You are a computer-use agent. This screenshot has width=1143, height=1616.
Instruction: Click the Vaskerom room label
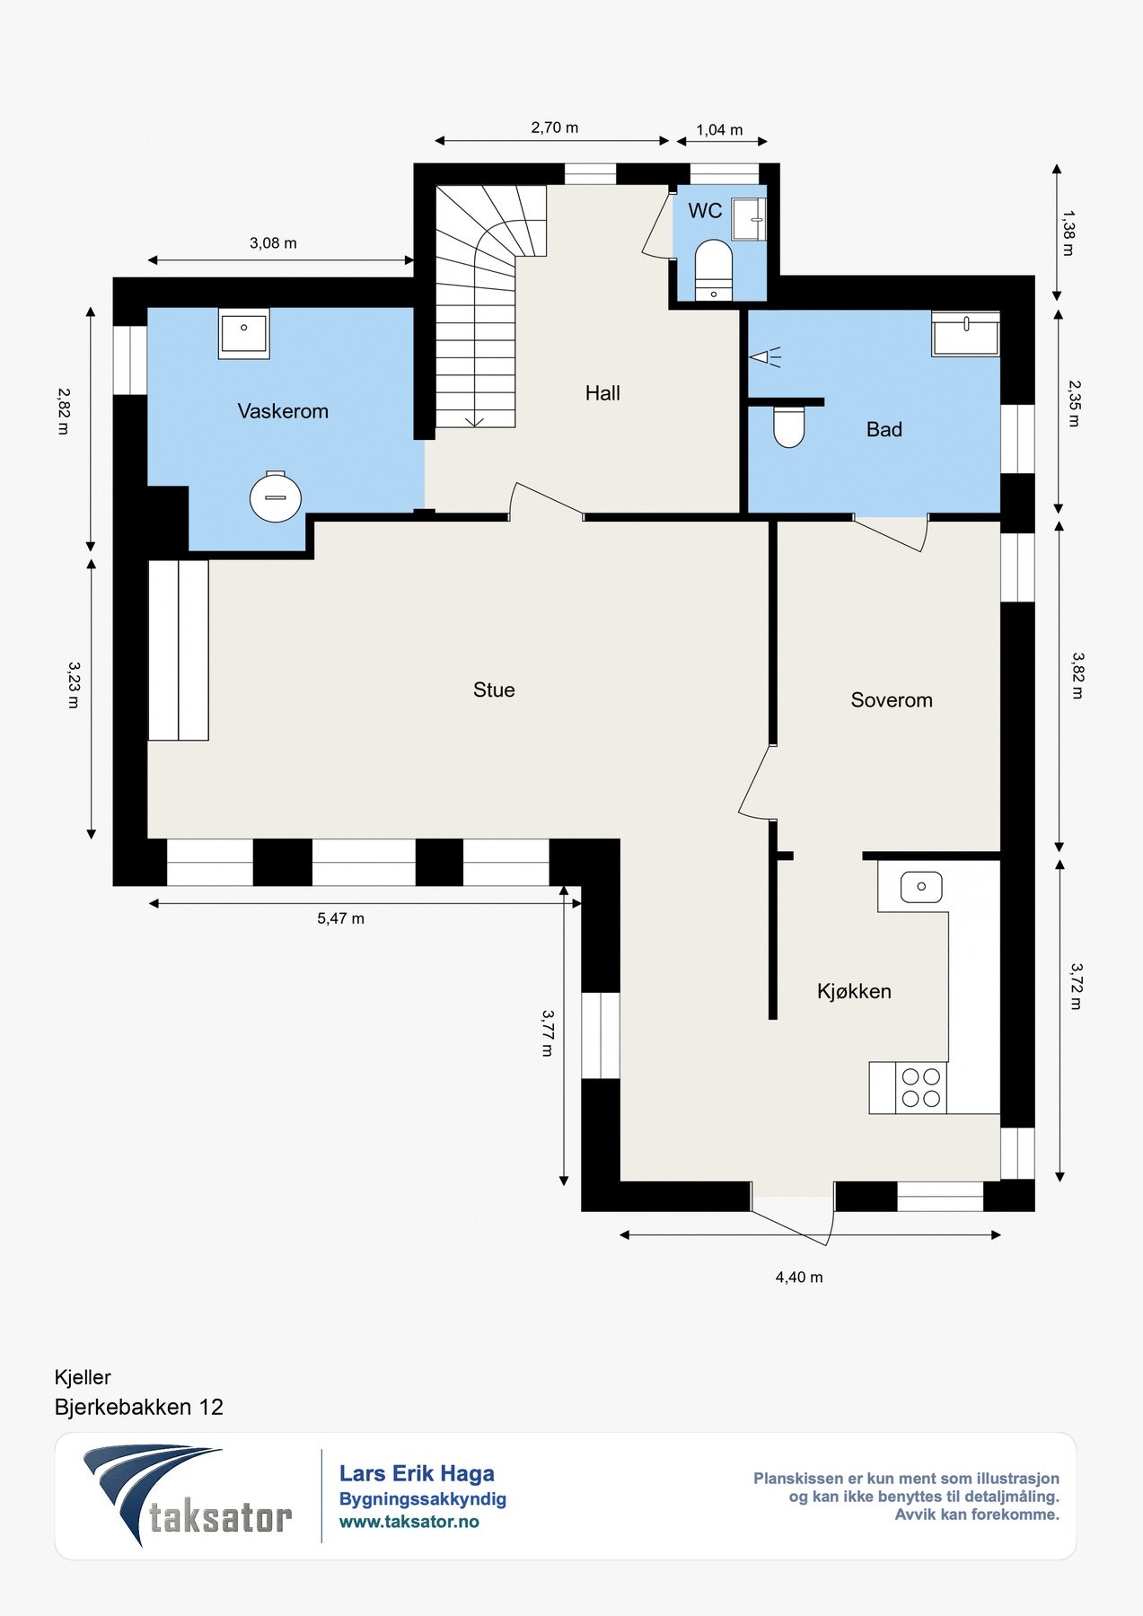pyautogui.click(x=283, y=411)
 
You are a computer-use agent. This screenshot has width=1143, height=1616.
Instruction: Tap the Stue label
pyautogui.click(x=494, y=689)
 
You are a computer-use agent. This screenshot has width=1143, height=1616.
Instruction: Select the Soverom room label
pyautogui.click(x=892, y=700)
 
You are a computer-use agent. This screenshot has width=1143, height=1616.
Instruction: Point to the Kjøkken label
pyautogui.click(x=854, y=991)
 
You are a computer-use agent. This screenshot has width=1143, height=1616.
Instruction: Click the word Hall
pyautogui.click(x=602, y=392)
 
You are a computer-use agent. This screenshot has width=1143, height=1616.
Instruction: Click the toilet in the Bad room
pyautogui.click(x=789, y=427)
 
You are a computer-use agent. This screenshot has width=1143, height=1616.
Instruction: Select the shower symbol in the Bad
pyautogui.click(x=766, y=357)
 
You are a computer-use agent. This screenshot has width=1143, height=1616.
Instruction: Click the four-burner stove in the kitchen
pyautogui.click(x=921, y=1088)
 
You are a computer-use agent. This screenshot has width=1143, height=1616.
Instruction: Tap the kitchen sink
pyautogui.click(x=921, y=887)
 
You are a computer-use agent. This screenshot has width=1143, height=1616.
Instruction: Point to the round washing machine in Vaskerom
pyautogui.click(x=275, y=496)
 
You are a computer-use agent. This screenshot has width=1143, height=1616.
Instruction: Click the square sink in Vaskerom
pyautogui.click(x=243, y=335)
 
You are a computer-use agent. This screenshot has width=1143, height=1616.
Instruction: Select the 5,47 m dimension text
pyautogui.click(x=341, y=918)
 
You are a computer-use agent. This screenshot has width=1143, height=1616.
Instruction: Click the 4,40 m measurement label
pyautogui.click(x=799, y=1277)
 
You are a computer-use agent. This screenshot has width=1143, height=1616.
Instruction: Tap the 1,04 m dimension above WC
pyautogui.click(x=720, y=130)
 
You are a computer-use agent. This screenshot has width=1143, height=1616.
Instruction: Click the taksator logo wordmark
pyautogui.click(x=221, y=1516)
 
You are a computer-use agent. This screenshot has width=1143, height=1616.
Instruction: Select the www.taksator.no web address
pyautogui.click(x=409, y=1522)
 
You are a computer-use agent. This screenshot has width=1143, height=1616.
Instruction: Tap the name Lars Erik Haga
pyautogui.click(x=417, y=1473)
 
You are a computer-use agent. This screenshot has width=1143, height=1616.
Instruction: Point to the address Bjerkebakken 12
pyautogui.click(x=139, y=1407)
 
